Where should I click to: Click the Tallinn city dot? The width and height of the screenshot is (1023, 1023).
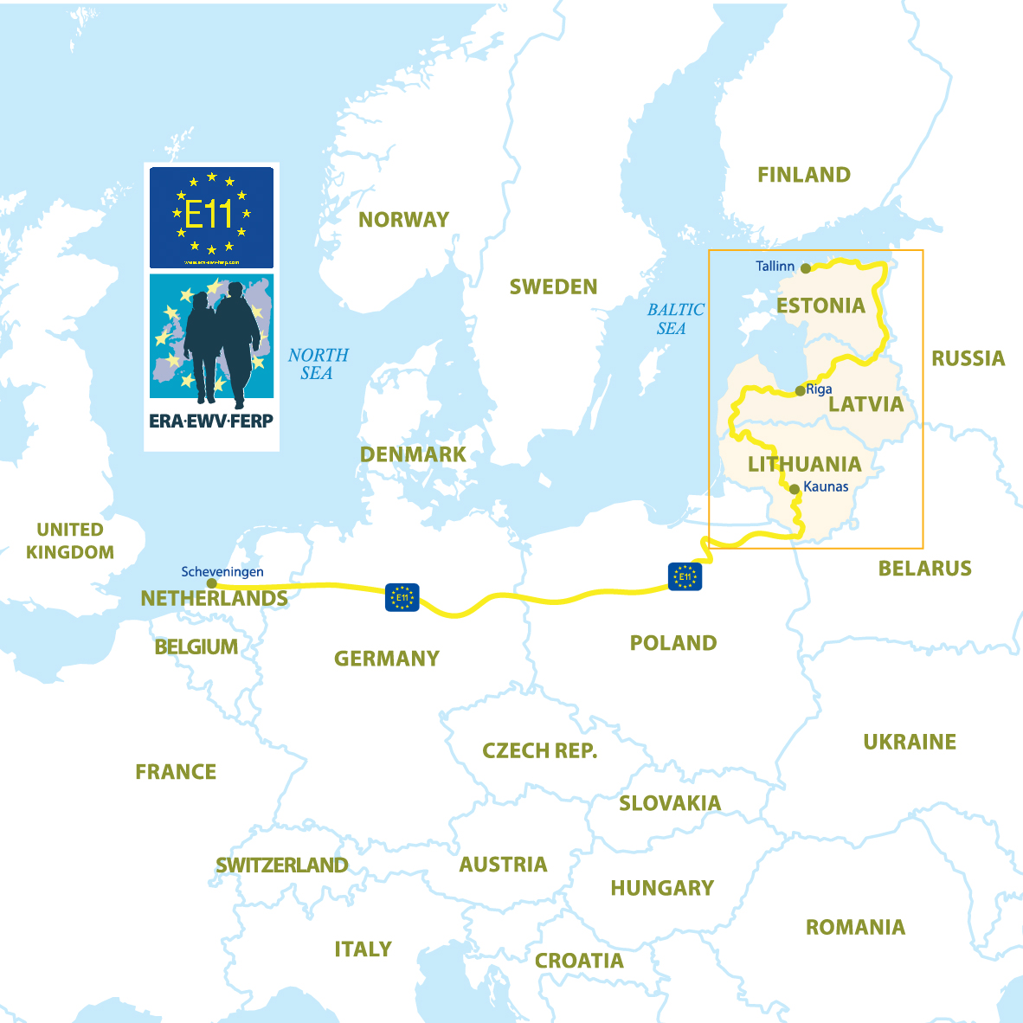click(x=806, y=268)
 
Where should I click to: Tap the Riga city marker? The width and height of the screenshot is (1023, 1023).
click(x=800, y=390)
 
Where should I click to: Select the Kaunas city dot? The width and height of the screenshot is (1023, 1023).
click(x=795, y=489)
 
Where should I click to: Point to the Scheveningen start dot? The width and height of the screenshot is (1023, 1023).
click(x=212, y=583)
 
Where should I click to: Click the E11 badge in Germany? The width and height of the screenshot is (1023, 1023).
click(x=402, y=597)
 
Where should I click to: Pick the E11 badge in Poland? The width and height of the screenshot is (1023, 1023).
click(x=685, y=576)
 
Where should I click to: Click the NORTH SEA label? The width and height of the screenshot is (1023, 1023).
click(x=318, y=364)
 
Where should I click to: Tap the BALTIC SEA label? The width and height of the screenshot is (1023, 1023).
click(x=675, y=318)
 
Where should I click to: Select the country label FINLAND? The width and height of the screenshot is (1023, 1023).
click(x=803, y=175)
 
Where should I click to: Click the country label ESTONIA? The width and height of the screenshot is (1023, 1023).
click(x=820, y=306)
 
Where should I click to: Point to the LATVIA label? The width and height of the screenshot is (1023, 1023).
click(x=865, y=404)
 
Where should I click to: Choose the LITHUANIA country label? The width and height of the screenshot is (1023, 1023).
click(x=804, y=464)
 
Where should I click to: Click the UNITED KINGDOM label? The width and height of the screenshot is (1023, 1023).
click(x=69, y=541)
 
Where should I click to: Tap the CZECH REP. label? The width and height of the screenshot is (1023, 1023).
click(x=539, y=750)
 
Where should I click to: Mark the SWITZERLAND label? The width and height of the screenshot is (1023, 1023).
click(x=281, y=865)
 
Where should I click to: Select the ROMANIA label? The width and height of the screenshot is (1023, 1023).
click(x=855, y=928)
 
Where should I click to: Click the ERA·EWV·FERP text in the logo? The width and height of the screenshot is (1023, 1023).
click(x=211, y=421)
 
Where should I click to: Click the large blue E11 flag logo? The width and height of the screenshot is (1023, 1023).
click(x=211, y=217)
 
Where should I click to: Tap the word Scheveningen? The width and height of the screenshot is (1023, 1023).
click(x=222, y=572)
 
